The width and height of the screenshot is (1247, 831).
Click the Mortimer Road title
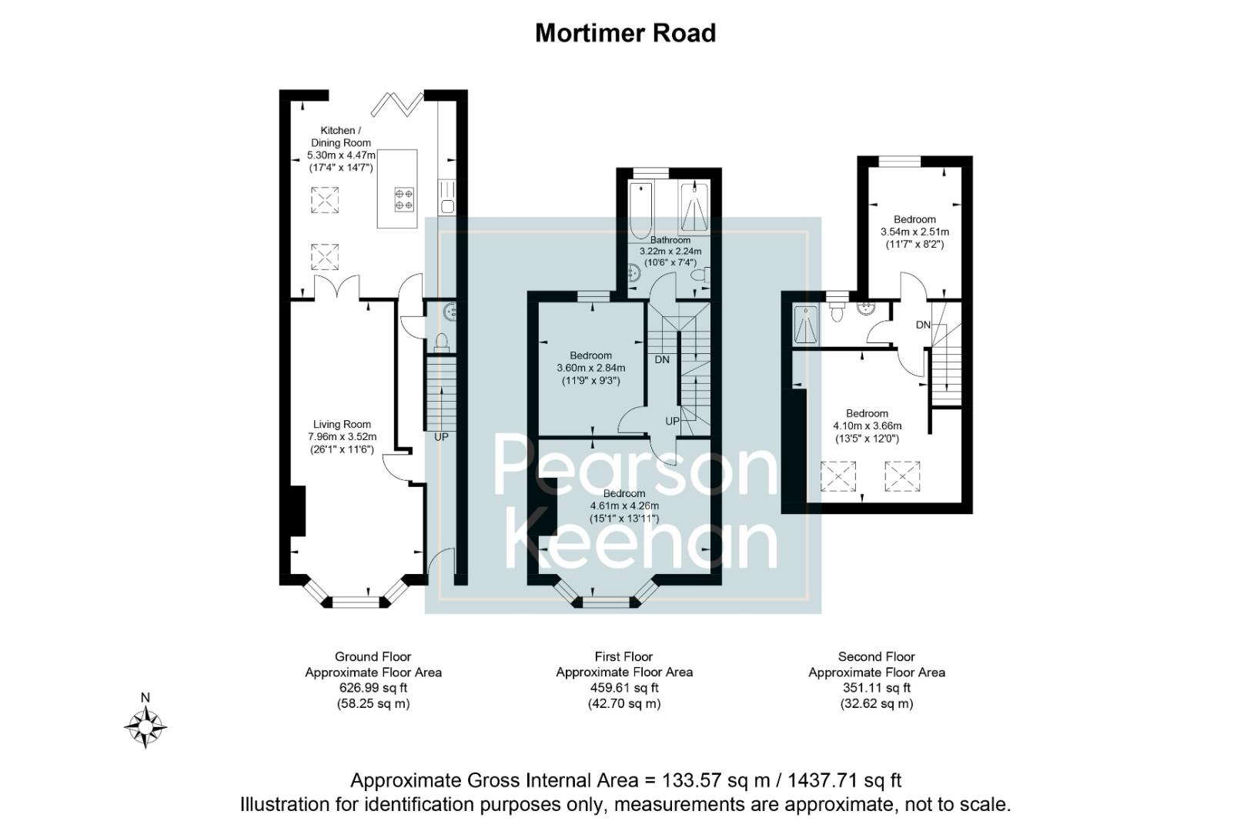click(x=625, y=33)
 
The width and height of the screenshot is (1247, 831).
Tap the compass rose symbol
click(x=145, y=726)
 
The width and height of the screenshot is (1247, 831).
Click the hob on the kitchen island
click(x=404, y=199)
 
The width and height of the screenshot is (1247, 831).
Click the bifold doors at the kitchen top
click(x=398, y=102)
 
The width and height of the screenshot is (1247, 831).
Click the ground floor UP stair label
click(x=441, y=437)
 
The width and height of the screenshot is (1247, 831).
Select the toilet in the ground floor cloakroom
click(x=442, y=342)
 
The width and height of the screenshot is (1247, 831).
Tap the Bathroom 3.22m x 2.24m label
click(x=670, y=251)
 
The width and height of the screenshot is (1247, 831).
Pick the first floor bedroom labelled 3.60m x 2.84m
click(x=590, y=368)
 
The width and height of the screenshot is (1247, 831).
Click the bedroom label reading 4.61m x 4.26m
click(x=623, y=506)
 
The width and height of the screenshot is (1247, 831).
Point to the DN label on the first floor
click(x=661, y=360)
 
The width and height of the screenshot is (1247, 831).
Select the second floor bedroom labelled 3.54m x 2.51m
click(x=914, y=232)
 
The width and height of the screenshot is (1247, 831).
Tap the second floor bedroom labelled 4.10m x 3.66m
click(x=867, y=426)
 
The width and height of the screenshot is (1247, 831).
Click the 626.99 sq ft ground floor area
click(x=373, y=688)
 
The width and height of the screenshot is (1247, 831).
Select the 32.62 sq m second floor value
click(x=876, y=703)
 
